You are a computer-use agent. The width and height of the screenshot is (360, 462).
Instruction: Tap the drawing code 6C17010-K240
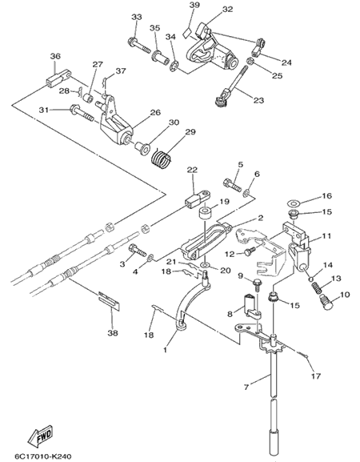coord(43,456)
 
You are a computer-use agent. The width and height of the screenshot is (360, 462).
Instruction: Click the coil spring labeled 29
coord(161,157)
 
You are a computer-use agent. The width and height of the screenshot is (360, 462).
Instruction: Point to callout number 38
coord(113,333)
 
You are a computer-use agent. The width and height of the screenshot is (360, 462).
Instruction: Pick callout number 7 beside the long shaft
coord(246,387)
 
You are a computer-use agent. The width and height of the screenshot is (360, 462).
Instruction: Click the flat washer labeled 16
coord(293,203)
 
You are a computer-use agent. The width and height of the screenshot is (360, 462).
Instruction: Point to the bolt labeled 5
coord(233,184)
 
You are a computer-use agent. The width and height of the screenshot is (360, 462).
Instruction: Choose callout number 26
coord(156,113)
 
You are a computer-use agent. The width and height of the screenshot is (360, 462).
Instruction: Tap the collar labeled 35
coord(161,56)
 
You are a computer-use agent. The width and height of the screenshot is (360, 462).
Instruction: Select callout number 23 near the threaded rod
coord(258,100)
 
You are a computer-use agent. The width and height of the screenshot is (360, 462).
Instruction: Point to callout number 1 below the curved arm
coord(165,350)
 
